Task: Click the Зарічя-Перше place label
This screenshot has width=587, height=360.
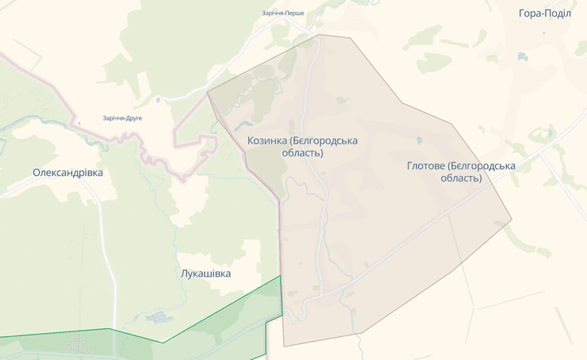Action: pyautogui.click(x=283, y=13)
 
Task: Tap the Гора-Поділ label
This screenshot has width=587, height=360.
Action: pyautogui.click(x=544, y=13)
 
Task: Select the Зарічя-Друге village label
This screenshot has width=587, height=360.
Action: pyautogui.click(x=122, y=118)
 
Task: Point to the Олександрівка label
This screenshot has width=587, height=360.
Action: pyautogui.click(x=67, y=172)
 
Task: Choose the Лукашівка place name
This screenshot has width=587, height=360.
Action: pyautogui.click(x=205, y=274)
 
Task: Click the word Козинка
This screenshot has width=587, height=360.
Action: pyautogui.click(x=267, y=140)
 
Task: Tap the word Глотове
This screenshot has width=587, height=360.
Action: pyautogui.click(x=425, y=166)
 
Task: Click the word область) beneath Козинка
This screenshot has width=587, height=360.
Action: pyautogui.click(x=302, y=153)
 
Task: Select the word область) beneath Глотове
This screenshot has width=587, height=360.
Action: pyautogui.click(x=461, y=178)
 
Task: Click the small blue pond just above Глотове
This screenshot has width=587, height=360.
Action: pyautogui.click(x=420, y=141)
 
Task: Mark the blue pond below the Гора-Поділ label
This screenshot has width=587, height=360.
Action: pyautogui.click(x=521, y=57)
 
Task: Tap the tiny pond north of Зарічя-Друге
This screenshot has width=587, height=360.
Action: pyautogui.click(x=158, y=100)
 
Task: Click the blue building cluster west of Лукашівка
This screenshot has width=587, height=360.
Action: pyautogui.click(x=159, y=318)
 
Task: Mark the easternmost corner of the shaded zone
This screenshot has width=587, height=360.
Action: pyautogui.click(x=512, y=220)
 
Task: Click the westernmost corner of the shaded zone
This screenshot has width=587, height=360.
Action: pyautogui.click(x=208, y=92)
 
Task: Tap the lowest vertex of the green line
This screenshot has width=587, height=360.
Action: pyautogui.click(x=164, y=343)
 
